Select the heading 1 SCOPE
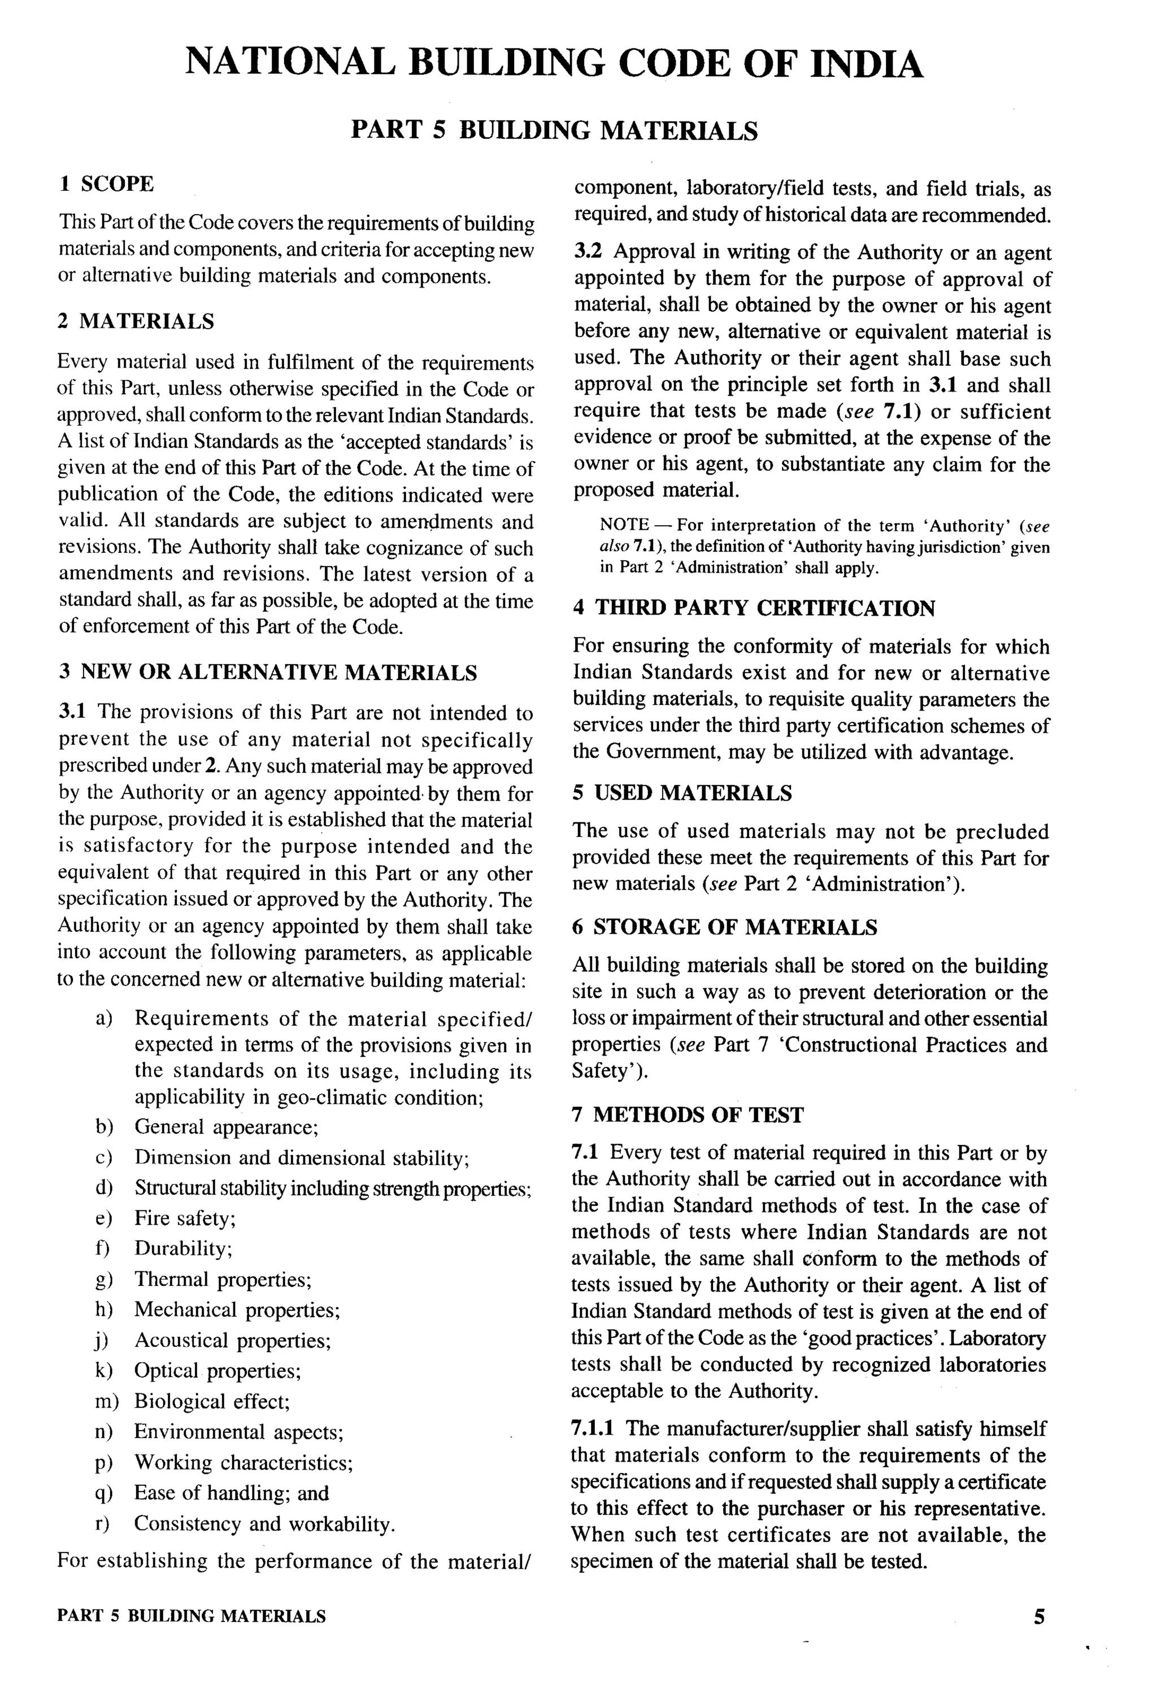106,184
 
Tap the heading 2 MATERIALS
136,321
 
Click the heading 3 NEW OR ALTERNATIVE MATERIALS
267,672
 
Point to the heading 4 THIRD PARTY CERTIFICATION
753,608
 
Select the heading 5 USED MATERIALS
681,793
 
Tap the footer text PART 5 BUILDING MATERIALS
192,1616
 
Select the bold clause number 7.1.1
592,1428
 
